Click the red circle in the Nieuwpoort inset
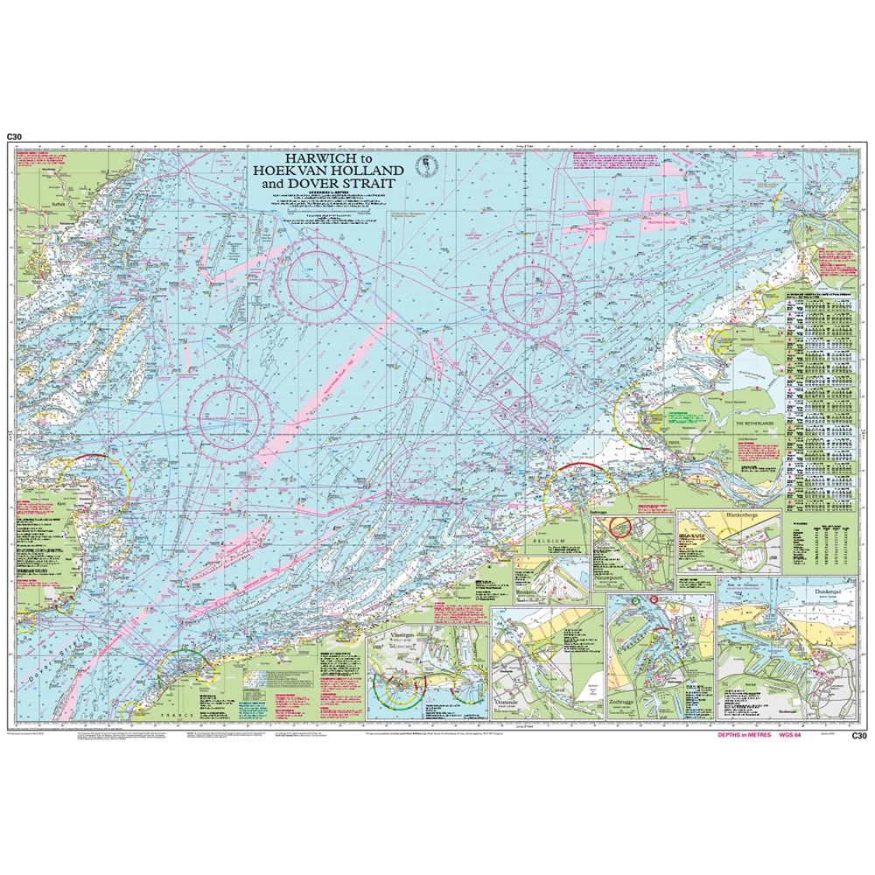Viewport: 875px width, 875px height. click(x=620, y=526)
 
